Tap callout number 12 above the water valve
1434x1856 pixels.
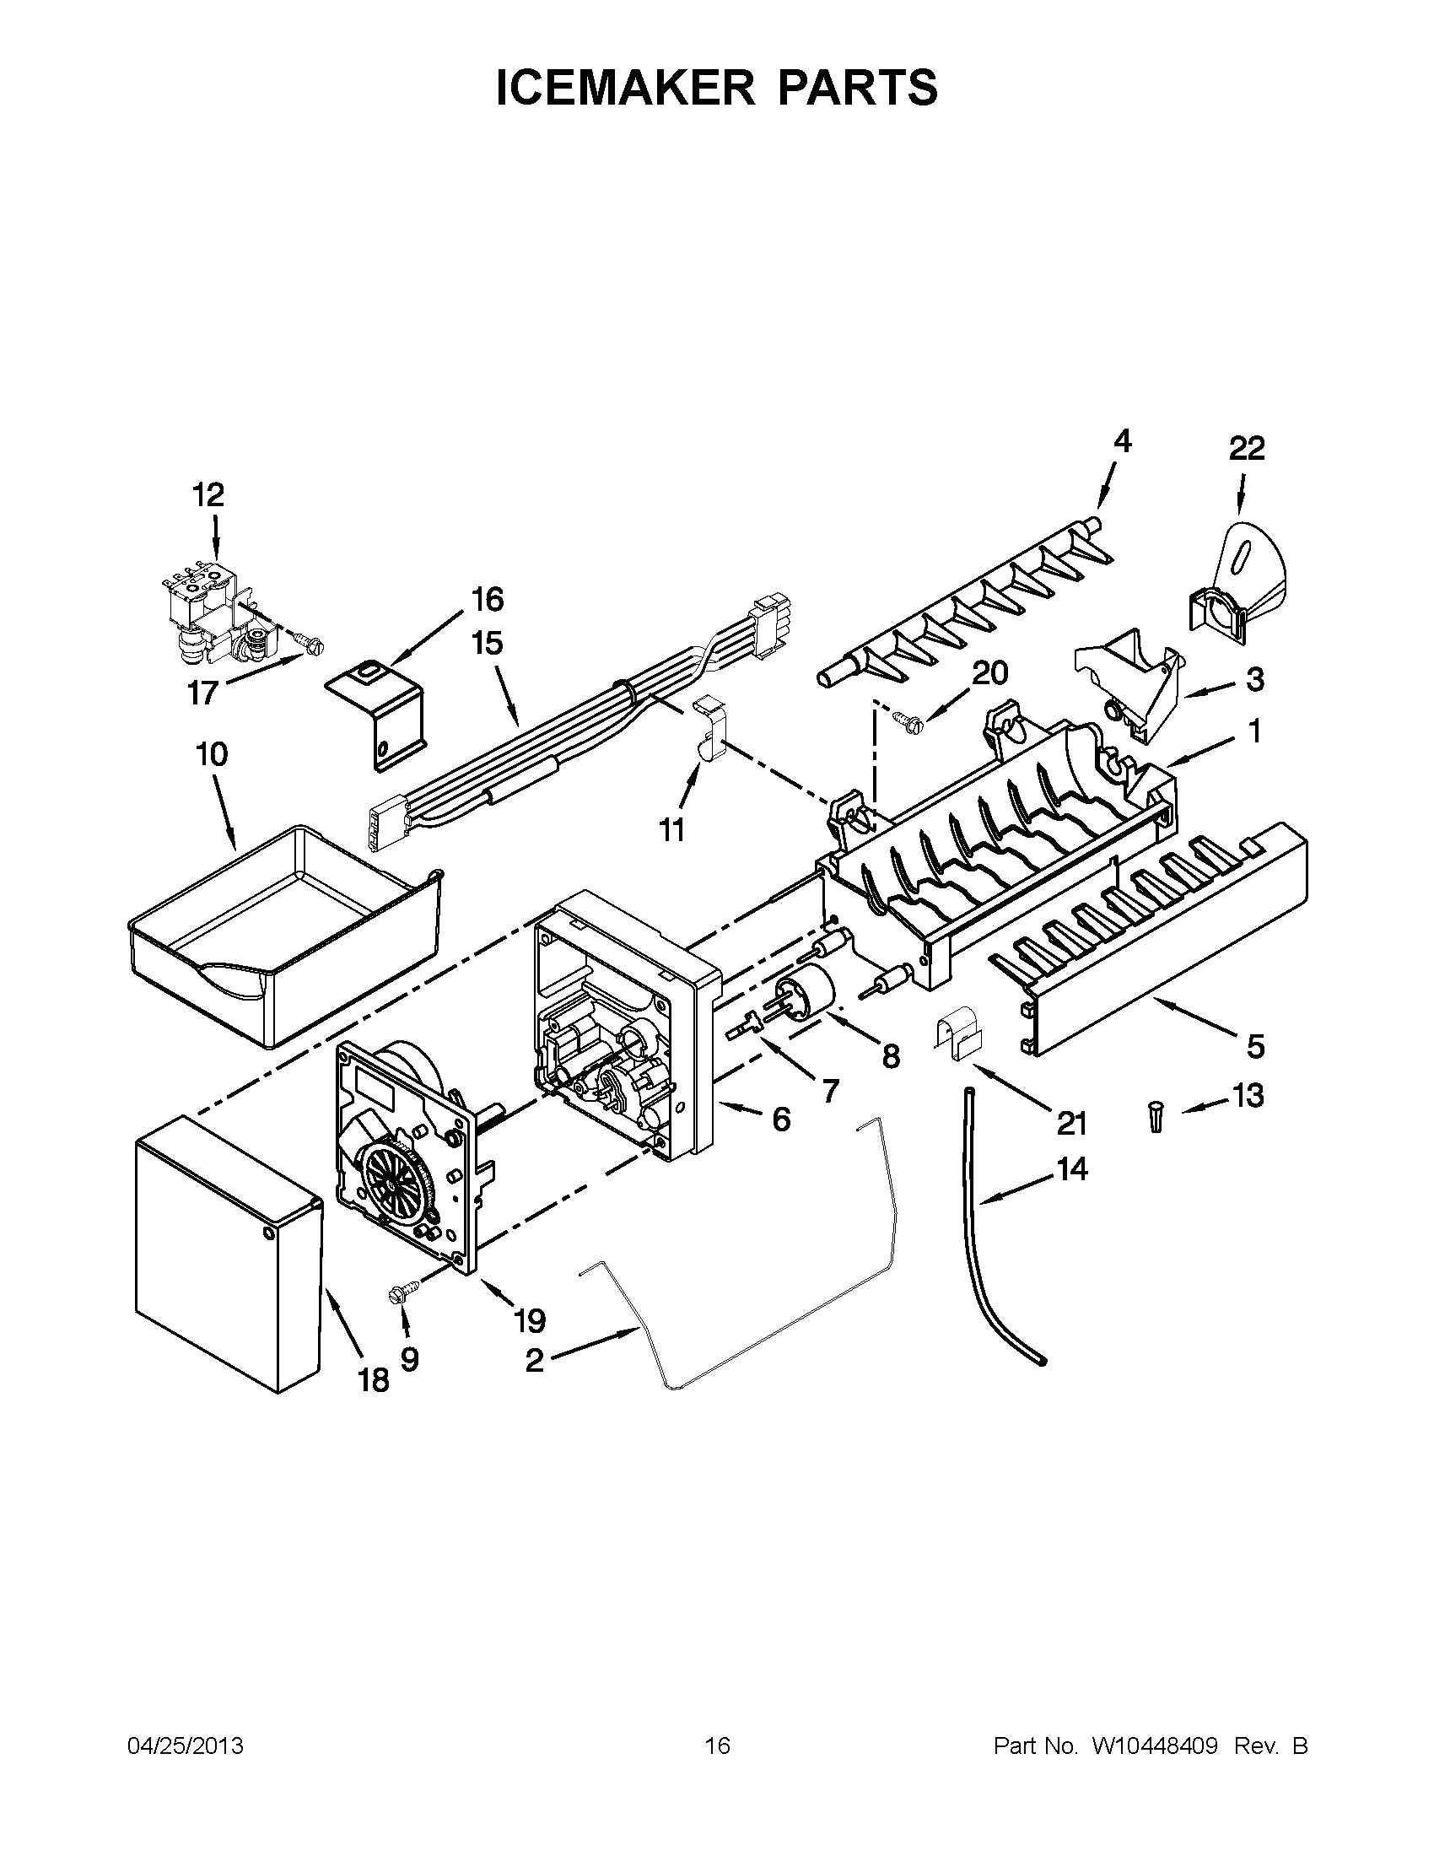pyautogui.click(x=208, y=494)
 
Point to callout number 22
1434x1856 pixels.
pyautogui.click(x=1246, y=448)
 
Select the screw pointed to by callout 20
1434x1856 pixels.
pyautogui.click(x=903, y=718)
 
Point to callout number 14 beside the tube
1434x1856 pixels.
pyautogui.click(x=1071, y=1169)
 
